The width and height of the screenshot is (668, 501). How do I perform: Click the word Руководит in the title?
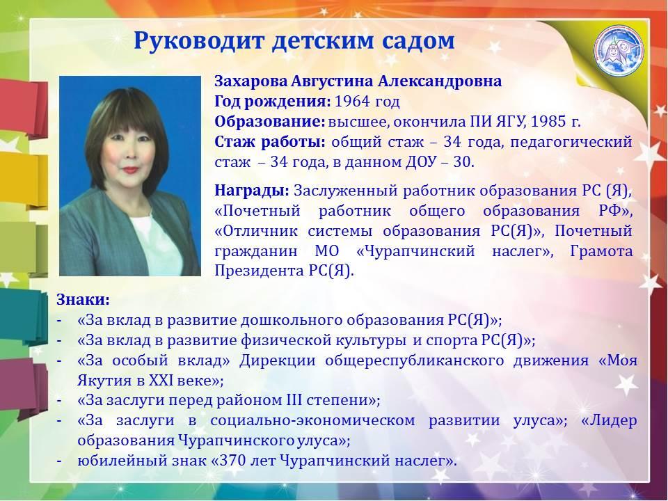(x=200, y=42)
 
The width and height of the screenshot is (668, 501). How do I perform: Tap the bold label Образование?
(x=270, y=122)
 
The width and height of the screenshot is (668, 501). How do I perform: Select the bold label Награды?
(x=252, y=190)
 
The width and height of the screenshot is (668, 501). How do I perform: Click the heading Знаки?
(x=83, y=299)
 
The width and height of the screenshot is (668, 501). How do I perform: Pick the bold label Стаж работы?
(x=270, y=142)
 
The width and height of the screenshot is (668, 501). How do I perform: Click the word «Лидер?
(x=610, y=420)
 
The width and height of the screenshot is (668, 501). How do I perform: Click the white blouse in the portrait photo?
(x=157, y=246)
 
